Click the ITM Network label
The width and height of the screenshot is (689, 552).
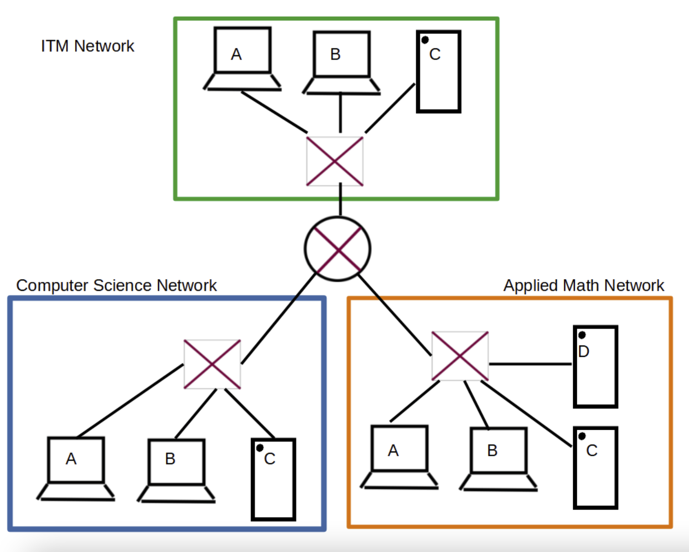coord(87,46)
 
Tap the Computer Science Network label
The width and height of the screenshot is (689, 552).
coord(116,285)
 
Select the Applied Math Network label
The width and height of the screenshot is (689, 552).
coord(583,285)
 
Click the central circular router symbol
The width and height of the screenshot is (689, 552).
coord(337,249)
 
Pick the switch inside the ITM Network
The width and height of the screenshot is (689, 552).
coord(335,161)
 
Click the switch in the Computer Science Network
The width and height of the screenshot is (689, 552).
coord(212,364)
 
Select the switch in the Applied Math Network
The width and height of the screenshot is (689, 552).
coord(460,356)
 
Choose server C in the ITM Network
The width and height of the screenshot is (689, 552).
coord(439,71)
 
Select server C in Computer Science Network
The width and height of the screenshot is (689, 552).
coord(273,479)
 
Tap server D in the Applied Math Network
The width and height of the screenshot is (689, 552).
coord(595,367)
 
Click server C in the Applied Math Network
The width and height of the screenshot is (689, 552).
coord(595,468)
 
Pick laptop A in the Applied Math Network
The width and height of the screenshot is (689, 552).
coord(399,456)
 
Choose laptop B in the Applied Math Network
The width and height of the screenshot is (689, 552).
coord(498,458)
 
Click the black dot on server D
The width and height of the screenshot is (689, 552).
coord(582,335)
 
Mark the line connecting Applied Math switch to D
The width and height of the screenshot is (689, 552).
coord(530,364)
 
